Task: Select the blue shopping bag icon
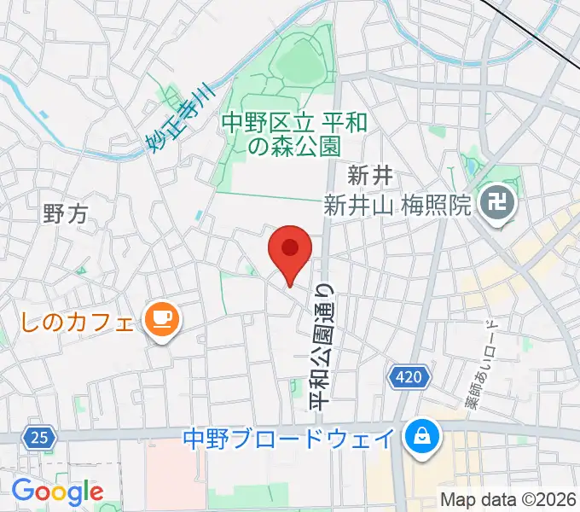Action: pos(421,439)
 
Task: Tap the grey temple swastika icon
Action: pos(495,204)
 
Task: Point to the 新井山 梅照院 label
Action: pos(397,205)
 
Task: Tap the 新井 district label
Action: pos(369,177)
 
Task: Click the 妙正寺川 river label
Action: pos(177,123)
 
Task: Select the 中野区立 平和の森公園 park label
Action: pos(294,134)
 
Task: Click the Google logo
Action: pos(57,492)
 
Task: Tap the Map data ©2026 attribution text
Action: pos(508,499)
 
